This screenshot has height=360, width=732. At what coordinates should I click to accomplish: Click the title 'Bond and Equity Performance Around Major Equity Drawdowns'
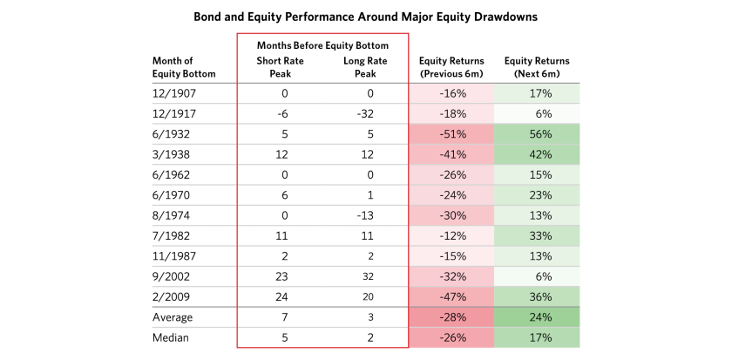tap(365, 17)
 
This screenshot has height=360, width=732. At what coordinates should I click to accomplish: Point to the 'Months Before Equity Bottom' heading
tap(322, 45)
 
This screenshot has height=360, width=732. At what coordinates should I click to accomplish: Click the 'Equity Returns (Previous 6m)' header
tap(451, 67)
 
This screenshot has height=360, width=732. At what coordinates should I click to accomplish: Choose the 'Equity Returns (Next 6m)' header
tap(537, 67)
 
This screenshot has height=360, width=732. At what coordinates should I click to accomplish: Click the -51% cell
tap(451, 134)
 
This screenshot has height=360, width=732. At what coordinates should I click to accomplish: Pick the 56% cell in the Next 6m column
tap(537, 134)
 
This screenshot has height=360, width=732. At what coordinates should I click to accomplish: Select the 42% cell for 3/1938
tap(537, 154)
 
